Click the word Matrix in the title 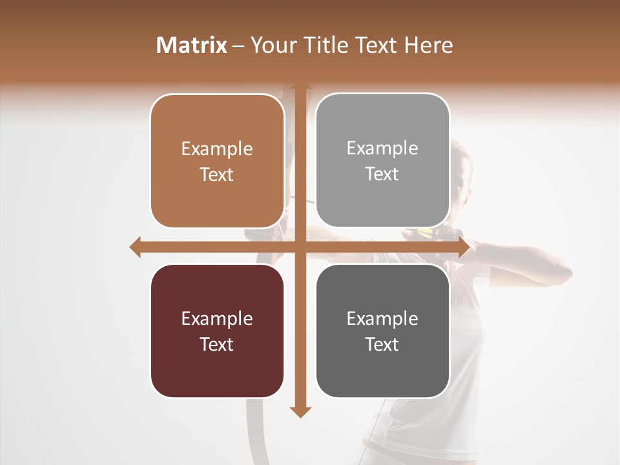coord(192,45)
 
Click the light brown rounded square coord(217,161)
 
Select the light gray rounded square coord(382,160)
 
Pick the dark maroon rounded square coord(217,331)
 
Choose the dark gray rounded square coord(382,331)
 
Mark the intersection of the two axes coord(300,247)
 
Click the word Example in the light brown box coord(217,149)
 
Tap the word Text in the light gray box coord(382,174)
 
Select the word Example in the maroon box coord(217,319)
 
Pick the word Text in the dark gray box coord(382,344)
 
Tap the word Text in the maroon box coord(217,344)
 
